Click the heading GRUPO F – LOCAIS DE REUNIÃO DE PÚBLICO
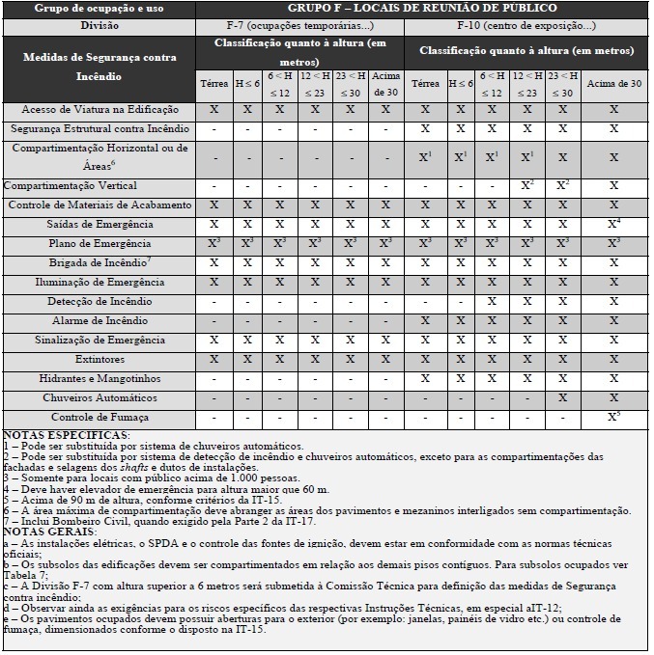422,9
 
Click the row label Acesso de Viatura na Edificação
100,111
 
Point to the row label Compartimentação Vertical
71,185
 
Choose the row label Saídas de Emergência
100,225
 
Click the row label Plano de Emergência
100,243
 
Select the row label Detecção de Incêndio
100,302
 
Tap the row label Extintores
100,359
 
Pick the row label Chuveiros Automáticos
100,397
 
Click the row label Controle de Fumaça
100,418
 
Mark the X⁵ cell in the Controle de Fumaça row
613,417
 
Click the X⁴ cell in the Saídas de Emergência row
613,224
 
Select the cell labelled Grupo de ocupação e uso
100,9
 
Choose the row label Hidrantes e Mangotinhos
100,379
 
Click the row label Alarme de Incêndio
100,321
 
